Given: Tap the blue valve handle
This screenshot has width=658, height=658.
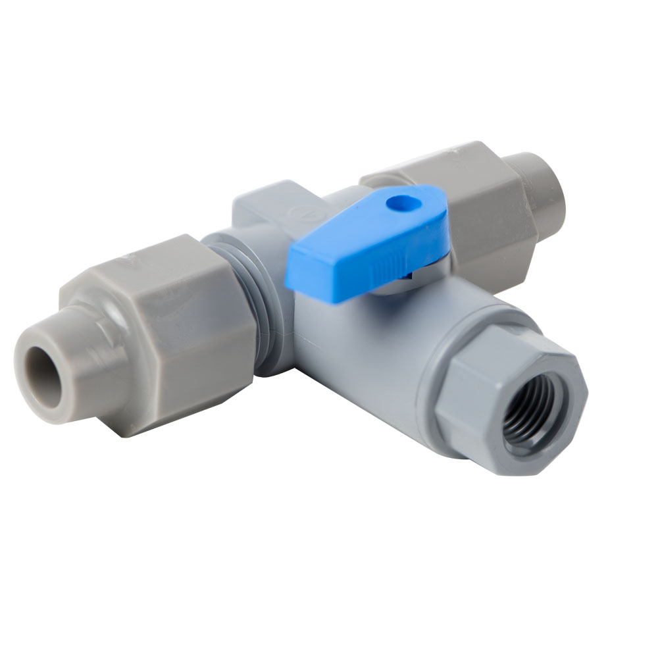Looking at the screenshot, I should tap(368, 243).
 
